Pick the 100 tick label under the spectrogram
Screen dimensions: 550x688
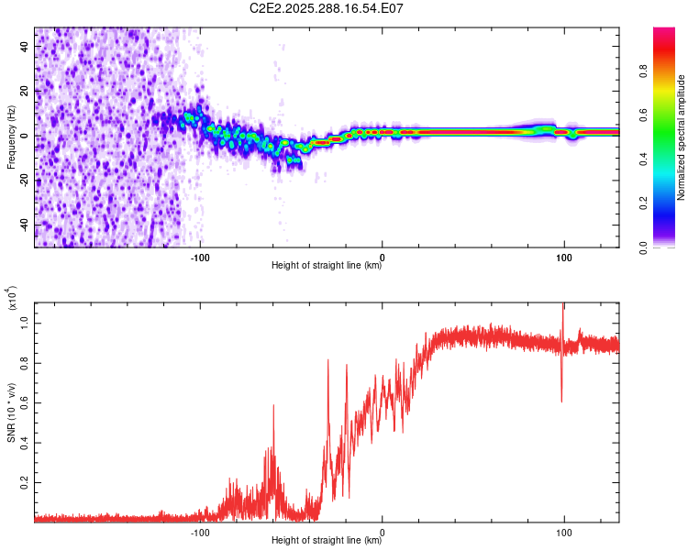(564, 258)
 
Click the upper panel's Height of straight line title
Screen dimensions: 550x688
(327, 266)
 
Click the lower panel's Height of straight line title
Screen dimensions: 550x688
(327, 541)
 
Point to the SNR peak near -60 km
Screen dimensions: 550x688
(273, 406)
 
